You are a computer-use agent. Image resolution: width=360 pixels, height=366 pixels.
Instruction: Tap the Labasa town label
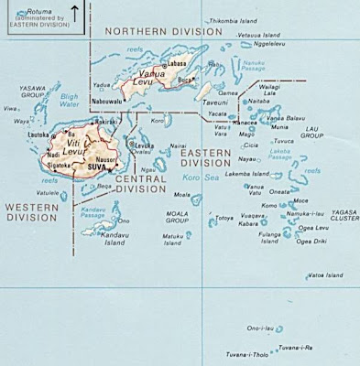177,63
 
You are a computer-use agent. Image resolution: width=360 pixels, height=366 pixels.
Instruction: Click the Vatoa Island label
323,274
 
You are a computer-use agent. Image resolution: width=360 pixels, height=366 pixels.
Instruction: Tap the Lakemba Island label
248,173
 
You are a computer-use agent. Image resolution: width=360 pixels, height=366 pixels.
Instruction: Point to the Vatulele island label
48,193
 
